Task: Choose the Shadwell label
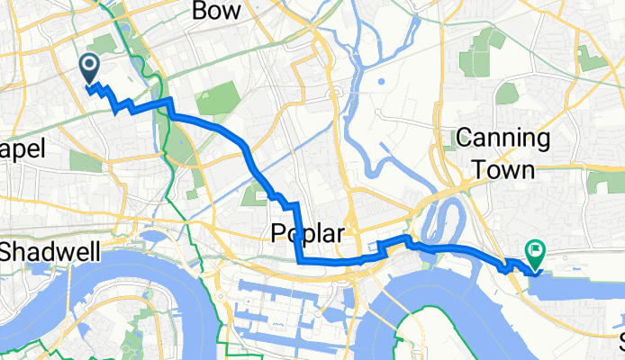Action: pyautogui.click(x=49, y=253)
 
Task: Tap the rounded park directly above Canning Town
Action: pyautogui.click(x=507, y=93)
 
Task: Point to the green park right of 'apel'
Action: pyautogui.click(x=86, y=161)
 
